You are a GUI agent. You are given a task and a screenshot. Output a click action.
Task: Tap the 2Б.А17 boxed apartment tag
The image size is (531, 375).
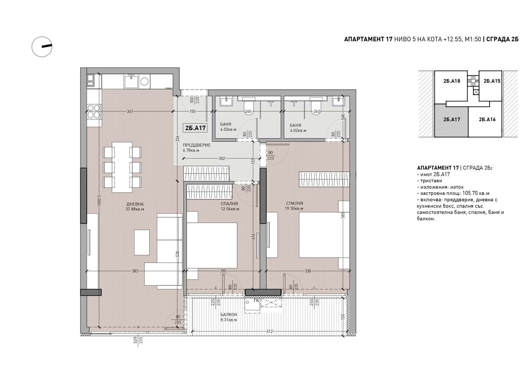pos(195,128)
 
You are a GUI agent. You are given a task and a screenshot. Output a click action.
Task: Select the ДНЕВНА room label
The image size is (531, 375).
pos(135,204)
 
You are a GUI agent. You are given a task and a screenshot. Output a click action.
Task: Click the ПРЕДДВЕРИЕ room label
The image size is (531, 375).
pos(196,145)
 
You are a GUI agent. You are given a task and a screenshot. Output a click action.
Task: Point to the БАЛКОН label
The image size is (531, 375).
pos(229,315)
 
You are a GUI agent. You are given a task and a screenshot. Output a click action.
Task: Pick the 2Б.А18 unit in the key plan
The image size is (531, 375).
pos(452,81)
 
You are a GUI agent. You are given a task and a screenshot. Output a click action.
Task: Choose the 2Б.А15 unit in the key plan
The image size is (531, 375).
pos(492,81)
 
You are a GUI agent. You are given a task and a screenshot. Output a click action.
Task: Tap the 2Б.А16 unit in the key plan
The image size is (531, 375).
pos(487,119)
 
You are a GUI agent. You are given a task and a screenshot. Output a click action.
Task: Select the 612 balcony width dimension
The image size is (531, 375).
pos(270,332)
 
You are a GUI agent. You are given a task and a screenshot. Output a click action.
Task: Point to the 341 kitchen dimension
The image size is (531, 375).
pos(130,111)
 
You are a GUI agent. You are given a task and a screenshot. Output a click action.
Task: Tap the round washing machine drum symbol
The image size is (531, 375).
pos(144,81)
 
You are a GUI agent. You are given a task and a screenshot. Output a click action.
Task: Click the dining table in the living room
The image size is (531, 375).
pos(122,168)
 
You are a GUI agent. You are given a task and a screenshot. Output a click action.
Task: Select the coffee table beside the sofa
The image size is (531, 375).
pos(142,242)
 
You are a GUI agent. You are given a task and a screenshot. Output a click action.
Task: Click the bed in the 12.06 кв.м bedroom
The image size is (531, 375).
pos(212,245)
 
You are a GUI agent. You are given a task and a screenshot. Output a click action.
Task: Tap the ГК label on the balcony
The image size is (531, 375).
pos(256,301)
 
